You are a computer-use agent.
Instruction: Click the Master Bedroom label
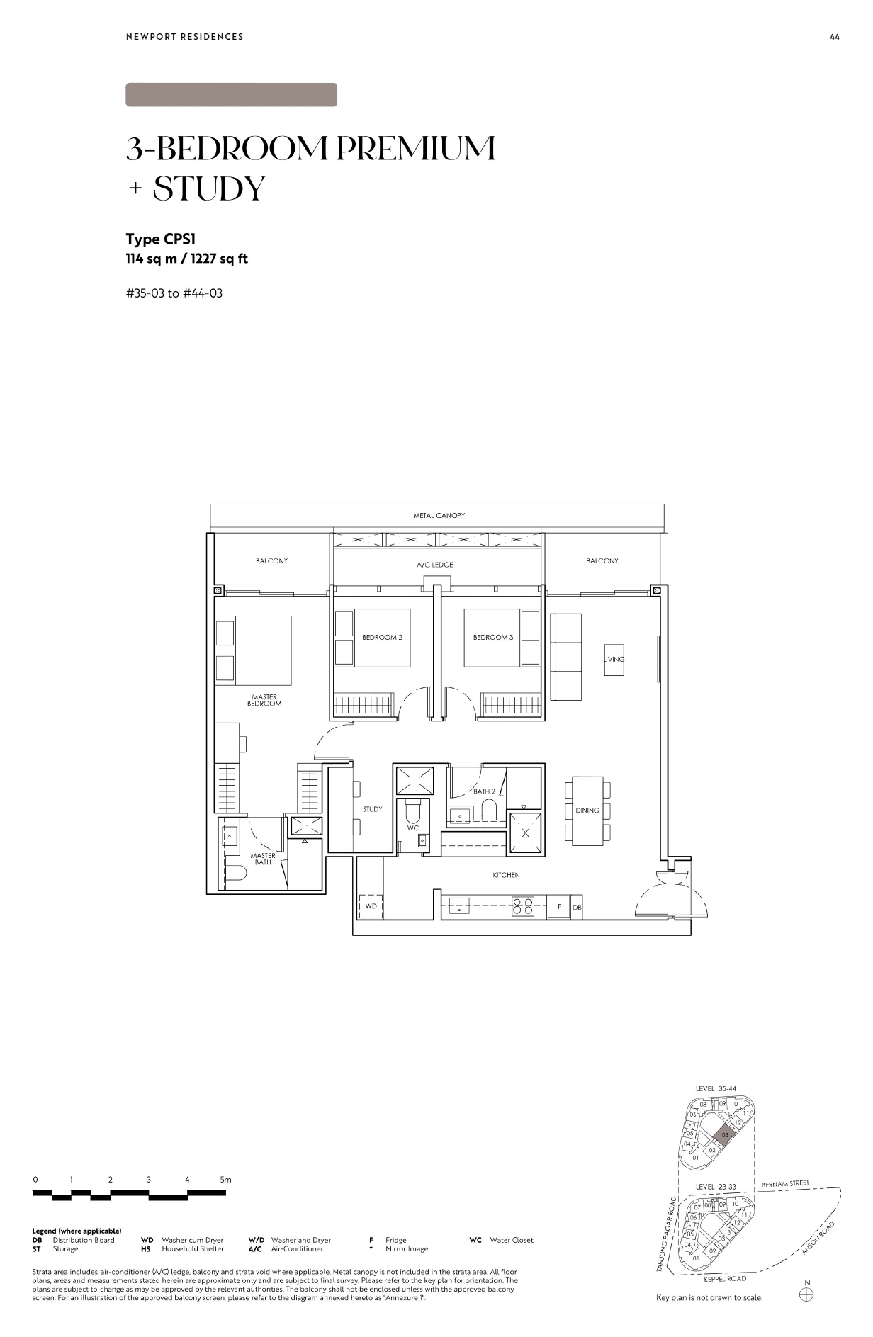264,700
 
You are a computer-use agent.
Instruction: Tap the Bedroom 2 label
382,637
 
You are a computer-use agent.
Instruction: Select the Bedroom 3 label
493,637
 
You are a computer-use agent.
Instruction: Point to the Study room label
373,808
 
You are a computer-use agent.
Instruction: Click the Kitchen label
506,875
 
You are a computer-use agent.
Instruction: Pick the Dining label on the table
587,810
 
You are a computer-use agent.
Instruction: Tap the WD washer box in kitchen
371,906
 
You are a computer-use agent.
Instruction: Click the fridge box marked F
559,907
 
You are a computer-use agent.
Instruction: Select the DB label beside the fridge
577,907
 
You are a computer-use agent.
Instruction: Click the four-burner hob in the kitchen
523,907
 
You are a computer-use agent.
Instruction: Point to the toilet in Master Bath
237,874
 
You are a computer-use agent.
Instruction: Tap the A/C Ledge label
434,565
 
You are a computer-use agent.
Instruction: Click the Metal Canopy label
439,515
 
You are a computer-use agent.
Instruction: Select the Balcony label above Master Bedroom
271,560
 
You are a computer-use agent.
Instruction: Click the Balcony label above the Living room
602,560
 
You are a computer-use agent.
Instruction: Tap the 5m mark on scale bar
225,1180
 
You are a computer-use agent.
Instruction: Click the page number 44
834,37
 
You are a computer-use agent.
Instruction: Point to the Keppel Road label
725,1279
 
